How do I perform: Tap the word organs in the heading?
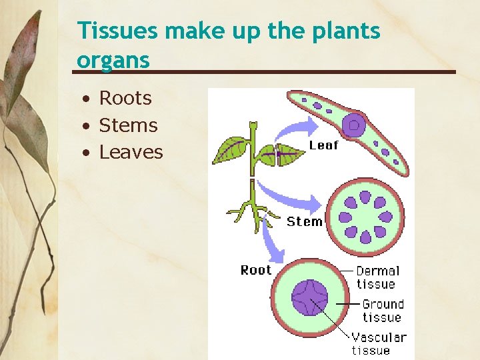pos(113,60)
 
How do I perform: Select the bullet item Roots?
pos(125,98)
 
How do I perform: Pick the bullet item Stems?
pos(128,125)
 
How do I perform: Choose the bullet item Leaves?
pos(131,152)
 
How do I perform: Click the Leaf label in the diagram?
pos(324,145)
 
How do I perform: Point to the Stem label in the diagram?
pos(305,221)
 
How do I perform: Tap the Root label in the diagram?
pos(256,270)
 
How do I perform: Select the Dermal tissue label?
pos(377,277)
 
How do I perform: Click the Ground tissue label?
pos(383,311)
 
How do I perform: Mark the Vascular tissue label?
pos(379,343)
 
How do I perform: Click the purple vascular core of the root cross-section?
pos(310,297)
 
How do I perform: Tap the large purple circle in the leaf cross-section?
pos(354,125)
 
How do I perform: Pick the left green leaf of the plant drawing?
pos(231,149)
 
